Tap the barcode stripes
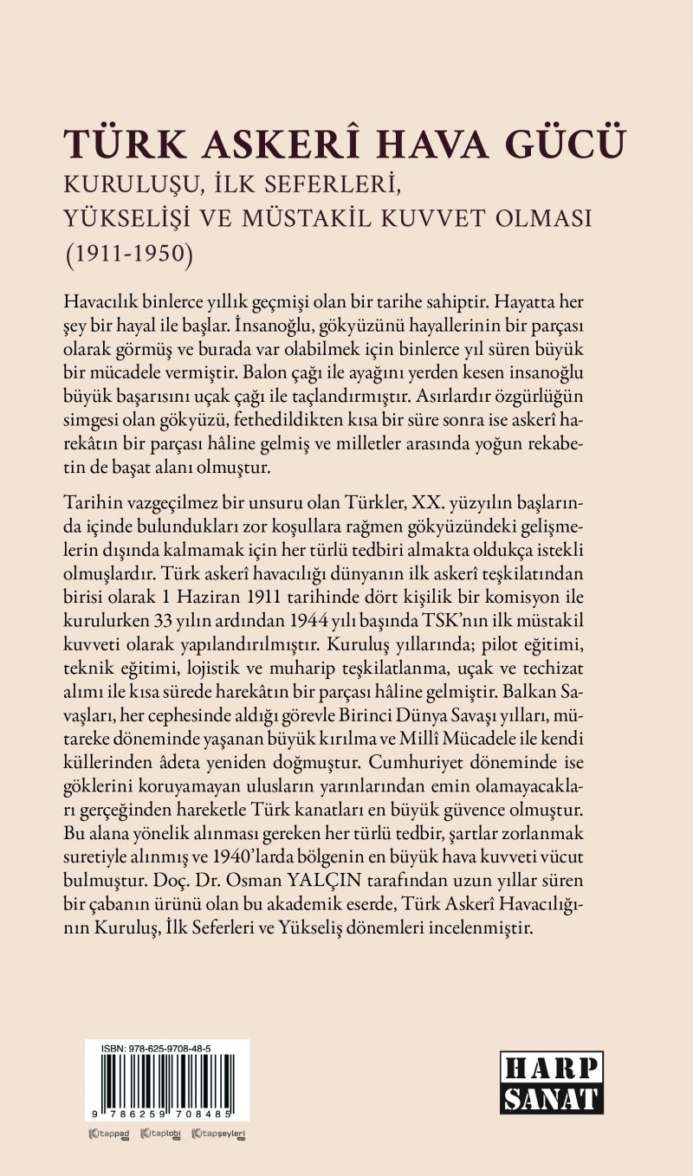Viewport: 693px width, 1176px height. click(166, 1082)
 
